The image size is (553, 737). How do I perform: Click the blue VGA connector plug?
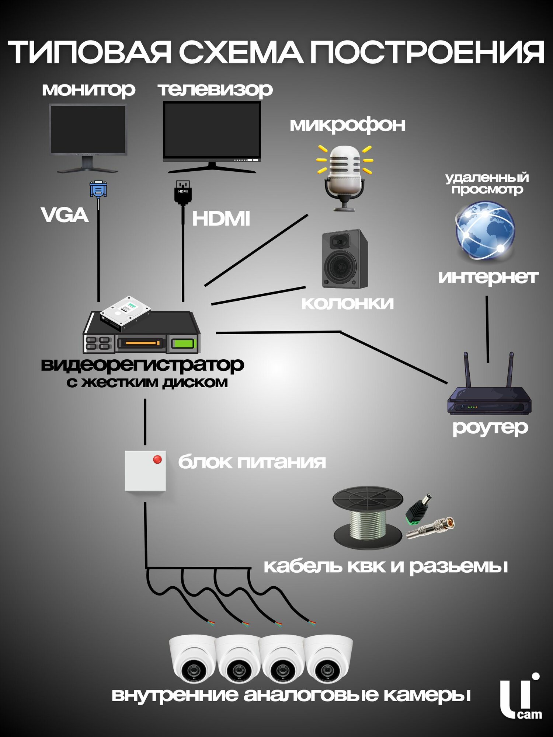tap(98, 190)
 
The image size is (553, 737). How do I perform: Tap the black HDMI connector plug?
tap(183, 192)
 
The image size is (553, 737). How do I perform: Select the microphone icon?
tap(345, 177)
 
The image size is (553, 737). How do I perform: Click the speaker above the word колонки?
tap(345, 259)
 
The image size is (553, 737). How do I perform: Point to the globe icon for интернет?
tap(485, 230)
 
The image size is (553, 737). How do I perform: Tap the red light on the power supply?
tap(157, 460)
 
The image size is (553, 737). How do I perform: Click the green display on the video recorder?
tap(183, 344)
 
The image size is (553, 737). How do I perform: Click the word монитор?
tap(88, 90)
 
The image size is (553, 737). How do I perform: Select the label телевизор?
tap(215, 90)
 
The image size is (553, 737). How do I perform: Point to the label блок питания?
tap(252, 462)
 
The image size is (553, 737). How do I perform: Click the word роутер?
tap(490, 428)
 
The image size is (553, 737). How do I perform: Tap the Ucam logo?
tap(520, 697)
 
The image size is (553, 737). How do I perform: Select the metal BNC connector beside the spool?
tap(431, 528)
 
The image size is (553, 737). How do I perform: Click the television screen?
tap(212, 130)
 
